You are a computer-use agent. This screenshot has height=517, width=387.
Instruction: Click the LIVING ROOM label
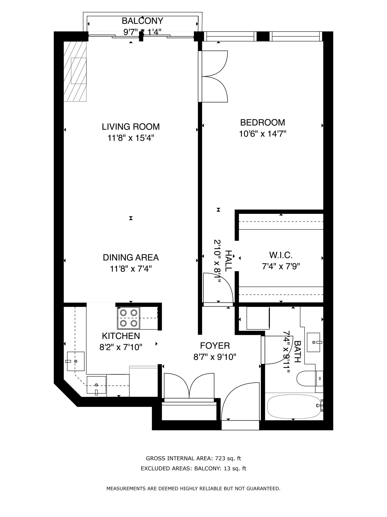tap(131, 126)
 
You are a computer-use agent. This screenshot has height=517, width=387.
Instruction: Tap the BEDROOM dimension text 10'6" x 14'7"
tap(263, 134)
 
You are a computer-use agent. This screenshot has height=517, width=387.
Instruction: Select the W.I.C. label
tap(281, 255)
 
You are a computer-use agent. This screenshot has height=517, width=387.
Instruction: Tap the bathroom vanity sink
tap(313, 342)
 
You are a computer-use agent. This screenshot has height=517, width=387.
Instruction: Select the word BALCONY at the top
tap(143, 21)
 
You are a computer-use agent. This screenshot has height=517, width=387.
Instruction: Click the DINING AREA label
tap(131, 257)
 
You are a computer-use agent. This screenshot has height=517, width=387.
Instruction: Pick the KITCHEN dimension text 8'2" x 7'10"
tap(121, 348)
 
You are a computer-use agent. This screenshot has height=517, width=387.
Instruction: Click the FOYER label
tap(215, 345)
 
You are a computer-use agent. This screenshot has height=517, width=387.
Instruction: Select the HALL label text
tap(228, 261)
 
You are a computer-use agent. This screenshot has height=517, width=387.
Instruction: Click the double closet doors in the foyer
tap(189, 386)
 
